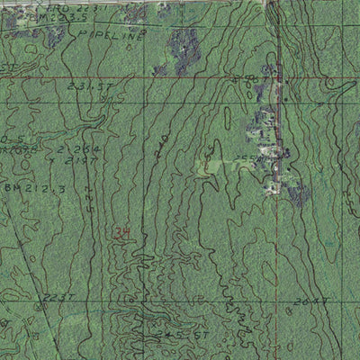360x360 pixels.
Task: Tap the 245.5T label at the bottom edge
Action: tap(171, 334)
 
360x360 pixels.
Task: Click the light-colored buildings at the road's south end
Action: tap(274, 186)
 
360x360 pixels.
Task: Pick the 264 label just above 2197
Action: tap(65, 149)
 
